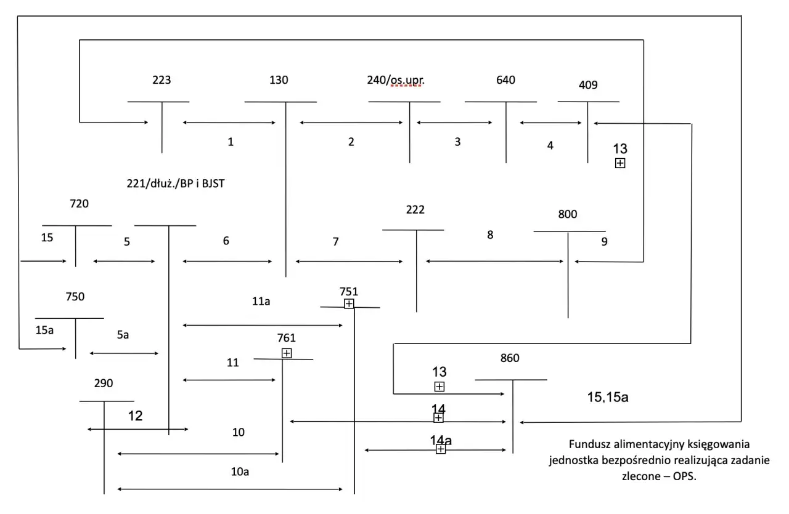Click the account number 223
pos(161,80)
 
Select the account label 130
pos(279,80)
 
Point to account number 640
pos(505,80)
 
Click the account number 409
pos(589,85)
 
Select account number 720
pos(80,204)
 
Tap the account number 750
pos(75,296)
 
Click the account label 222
pos(415,210)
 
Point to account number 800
pos(567,214)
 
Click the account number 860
pos(510,358)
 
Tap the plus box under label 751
pos(349,303)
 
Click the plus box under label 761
pos(287,353)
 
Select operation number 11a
pos(261,302)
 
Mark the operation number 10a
pos(240,472)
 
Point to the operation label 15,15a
pos(608,397)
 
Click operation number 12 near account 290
pos(135,416)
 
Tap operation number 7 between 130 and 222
pos(335,242)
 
